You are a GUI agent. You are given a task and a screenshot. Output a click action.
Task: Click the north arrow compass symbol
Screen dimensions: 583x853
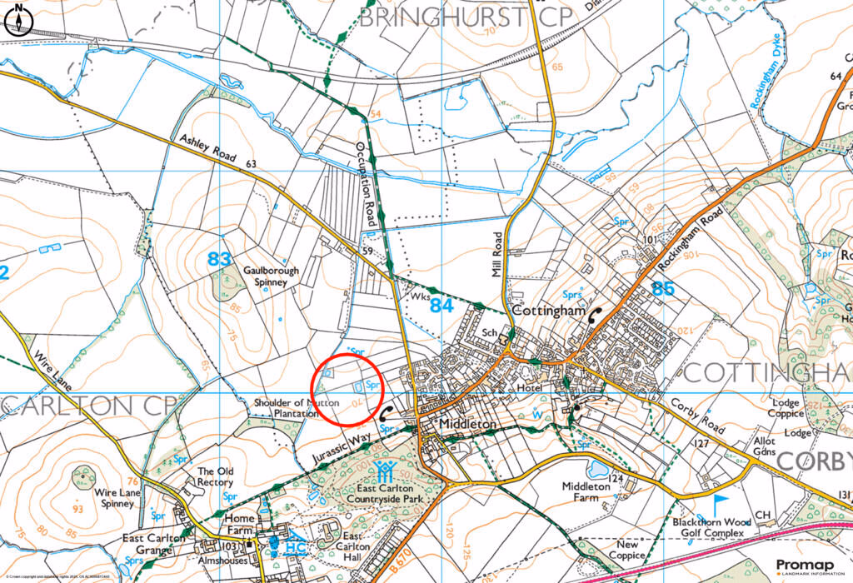(17, 21)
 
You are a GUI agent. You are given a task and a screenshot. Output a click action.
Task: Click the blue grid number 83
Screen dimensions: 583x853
(219, 260)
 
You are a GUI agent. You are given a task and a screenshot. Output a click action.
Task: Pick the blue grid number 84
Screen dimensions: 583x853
(441, 306)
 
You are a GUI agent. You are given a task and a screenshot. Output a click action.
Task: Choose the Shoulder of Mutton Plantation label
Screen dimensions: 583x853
(287, 407)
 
